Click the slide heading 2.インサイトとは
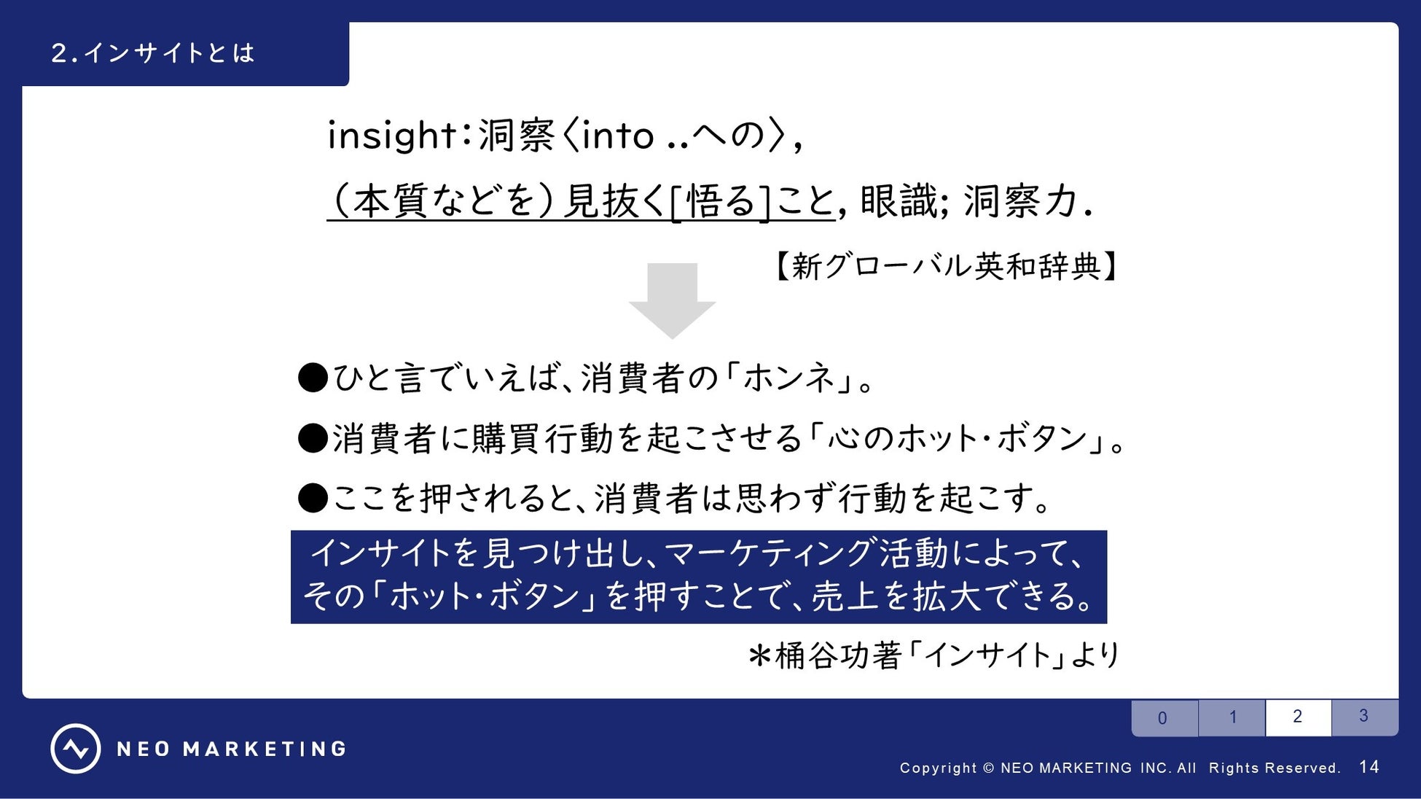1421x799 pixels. point(153,53)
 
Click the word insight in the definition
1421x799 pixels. point(391,136)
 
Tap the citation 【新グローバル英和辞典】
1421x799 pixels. point(944,266)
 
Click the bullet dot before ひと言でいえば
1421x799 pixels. point(313,378)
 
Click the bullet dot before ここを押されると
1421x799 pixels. point(313,499)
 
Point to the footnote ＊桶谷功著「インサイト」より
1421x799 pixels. point(933,655)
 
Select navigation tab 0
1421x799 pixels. point(1164,718)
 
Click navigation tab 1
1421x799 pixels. point(1232,717)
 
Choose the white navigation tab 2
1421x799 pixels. point(1299,717)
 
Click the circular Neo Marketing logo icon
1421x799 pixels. point(76,749)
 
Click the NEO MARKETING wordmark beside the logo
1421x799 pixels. point(232,749)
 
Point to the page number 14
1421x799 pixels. point(1369,767)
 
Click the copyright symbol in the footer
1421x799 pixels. point(989,768)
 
